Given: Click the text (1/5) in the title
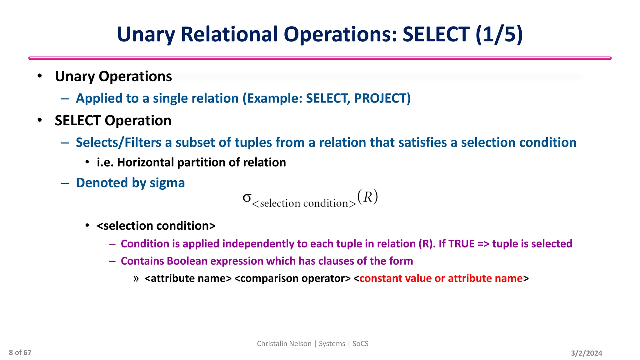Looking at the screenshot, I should point(499,34).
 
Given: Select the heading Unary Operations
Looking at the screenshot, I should point(113,77).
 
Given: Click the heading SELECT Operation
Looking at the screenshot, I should point(113,121).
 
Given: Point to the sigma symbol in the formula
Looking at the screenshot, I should point(247,197).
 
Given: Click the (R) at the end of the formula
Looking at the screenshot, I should point(368,197).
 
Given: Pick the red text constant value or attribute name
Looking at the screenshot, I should point(441,278).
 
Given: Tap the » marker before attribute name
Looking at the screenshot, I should point(136,278).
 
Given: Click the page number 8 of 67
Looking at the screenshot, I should point(20,352).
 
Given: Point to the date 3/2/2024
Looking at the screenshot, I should point(586,353).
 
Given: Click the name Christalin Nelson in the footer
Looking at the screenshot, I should point(284,344).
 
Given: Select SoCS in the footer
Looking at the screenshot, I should point(360,344).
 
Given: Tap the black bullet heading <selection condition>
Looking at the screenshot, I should point(156,226).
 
